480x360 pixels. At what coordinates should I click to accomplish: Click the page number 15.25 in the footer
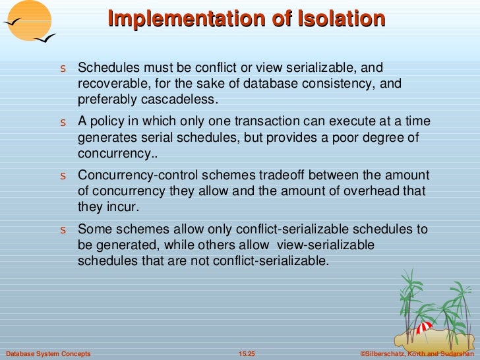[246, 354]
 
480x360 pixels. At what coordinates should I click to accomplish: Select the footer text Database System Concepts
[47, 354]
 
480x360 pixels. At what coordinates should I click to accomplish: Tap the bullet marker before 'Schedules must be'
[63, 69]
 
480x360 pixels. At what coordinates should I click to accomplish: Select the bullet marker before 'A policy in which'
[63, 123]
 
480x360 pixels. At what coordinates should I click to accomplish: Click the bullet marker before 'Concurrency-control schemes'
[63, 177]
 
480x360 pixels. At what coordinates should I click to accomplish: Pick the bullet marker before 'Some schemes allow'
[63, 230]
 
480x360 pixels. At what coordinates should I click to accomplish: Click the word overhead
[369, 191]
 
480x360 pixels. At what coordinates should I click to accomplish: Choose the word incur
[123, 206]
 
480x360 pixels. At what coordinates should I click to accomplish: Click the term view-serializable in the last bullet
[326, 245]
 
